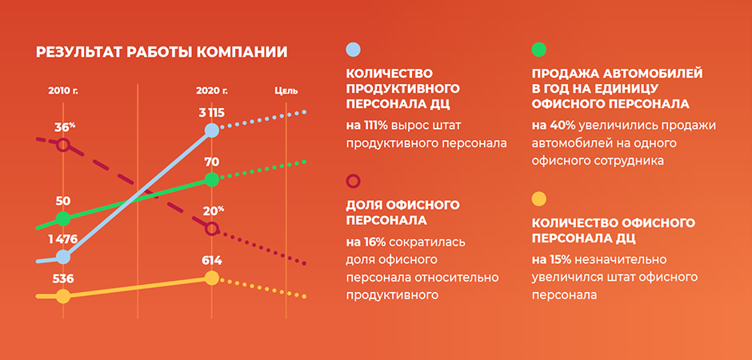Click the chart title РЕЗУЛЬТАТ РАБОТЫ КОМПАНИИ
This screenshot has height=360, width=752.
coord(162,52)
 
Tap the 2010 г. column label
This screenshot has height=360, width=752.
coord(63,90)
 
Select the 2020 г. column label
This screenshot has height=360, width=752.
coord(211,90)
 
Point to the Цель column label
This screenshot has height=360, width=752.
coord(286,90)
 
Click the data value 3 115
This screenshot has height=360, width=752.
coord(211,113)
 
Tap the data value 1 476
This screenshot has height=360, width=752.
coord(63,239)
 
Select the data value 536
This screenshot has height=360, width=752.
coord(63,279)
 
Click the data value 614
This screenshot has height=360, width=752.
coord(211,260)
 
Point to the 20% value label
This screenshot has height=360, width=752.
coord(214,211)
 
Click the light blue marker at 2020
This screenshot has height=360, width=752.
coord(211,130)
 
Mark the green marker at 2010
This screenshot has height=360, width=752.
coord(63,218)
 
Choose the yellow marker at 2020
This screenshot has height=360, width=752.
coord(211,278)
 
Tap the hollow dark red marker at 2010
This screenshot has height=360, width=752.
coord(63,139)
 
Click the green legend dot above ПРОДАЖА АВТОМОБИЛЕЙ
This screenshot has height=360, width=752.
coord(539,50)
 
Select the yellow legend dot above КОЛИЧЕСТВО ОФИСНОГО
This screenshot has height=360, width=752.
coord(539,198)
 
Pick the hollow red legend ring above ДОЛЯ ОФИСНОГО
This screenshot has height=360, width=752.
coord(353,175)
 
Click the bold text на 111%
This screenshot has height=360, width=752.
coord(367,126)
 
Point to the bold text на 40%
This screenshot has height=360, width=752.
coord(554,126)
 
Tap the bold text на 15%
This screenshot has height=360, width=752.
coord(551,260)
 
